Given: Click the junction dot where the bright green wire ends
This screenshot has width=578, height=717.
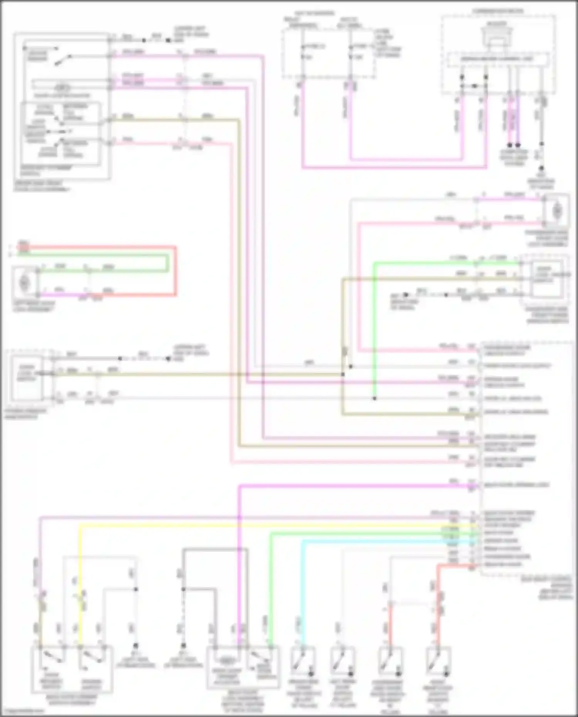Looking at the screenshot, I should tap(374, 398).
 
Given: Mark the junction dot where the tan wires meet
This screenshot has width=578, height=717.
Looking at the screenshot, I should tap(343, 374).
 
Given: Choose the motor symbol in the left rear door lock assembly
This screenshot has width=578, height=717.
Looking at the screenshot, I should tap(24, 283).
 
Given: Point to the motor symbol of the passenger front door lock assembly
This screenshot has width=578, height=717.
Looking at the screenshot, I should tap(556, 211).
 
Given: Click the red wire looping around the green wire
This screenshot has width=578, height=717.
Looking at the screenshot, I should tap(175, 270).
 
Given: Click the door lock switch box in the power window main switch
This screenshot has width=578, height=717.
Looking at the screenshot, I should tap(26, 375).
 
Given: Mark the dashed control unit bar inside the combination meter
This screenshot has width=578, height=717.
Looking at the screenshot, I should tap(497, 59).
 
